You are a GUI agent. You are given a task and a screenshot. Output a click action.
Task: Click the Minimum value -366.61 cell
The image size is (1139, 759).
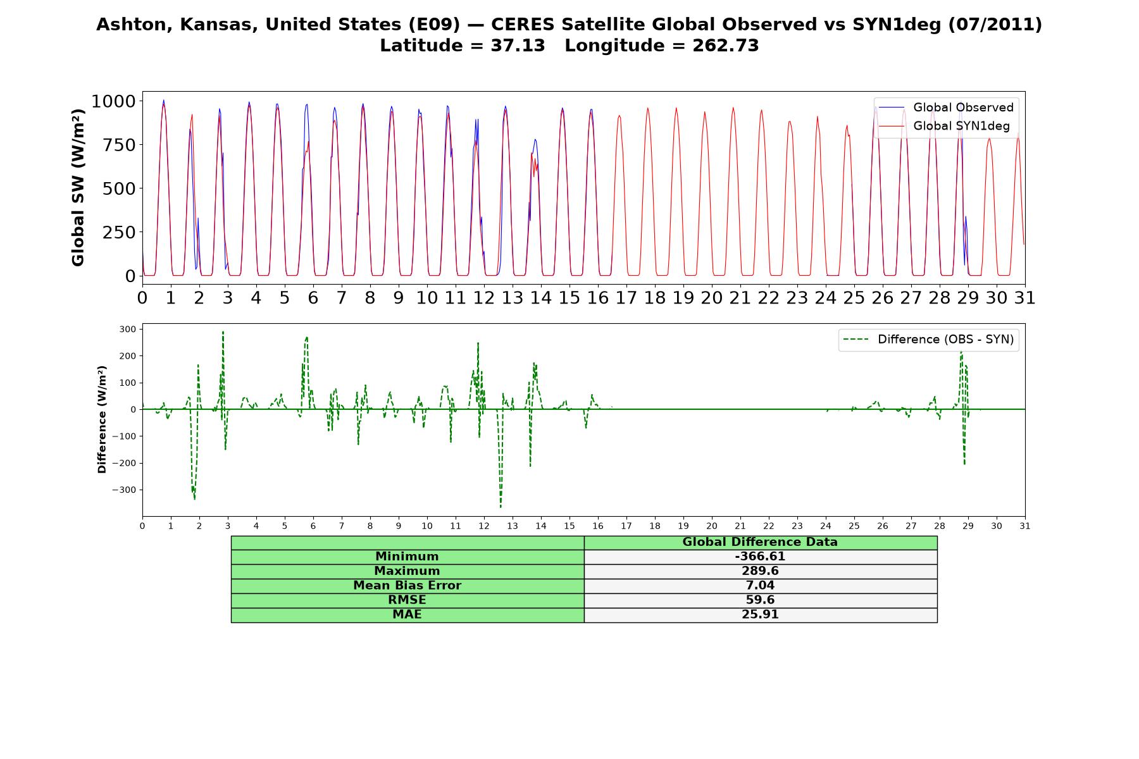click(760, 557)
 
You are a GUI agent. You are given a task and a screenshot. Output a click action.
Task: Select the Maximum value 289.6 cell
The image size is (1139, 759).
click(760, 571)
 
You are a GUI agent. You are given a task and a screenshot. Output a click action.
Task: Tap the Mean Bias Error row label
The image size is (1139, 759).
click(407, 586)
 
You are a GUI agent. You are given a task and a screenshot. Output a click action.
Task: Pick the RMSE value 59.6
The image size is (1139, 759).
click(760, 600)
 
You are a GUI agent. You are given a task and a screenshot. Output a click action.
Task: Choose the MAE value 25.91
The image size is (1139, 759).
click(760, 615)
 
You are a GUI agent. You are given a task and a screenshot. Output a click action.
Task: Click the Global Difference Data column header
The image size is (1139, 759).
click(760, 542)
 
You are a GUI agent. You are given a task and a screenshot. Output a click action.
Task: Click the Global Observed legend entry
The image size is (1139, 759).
click(946, 108)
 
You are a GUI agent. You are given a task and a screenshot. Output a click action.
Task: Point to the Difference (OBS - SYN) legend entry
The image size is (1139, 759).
click(928, 340)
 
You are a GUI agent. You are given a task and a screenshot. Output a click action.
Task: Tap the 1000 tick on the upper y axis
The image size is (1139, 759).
click(113, 101)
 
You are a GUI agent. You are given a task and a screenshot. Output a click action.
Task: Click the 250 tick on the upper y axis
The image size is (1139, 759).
click(120, 232)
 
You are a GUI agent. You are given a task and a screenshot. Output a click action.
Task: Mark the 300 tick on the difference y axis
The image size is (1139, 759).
click(127, 329)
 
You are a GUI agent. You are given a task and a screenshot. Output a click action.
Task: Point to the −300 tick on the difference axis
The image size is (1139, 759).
click(124, 490)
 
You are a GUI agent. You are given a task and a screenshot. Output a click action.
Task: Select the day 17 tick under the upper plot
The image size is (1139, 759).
click(626, 297)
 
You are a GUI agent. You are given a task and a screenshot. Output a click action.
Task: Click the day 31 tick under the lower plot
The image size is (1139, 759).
click(1025, 526)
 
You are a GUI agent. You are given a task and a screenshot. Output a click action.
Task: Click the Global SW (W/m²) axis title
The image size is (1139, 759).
click(78, 187)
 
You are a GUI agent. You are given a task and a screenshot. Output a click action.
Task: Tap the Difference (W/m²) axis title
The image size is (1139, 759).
click(102, 419)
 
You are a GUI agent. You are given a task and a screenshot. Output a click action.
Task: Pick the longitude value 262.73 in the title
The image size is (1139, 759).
click(725, 46)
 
